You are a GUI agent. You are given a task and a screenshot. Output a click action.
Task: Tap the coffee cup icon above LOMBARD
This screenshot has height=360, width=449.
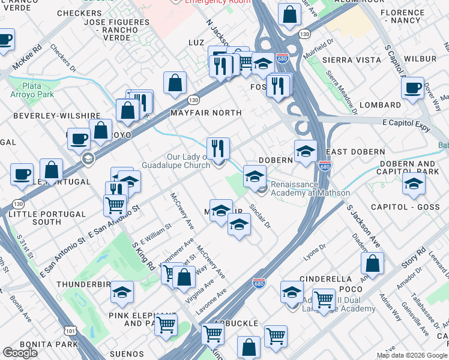coord(412,88)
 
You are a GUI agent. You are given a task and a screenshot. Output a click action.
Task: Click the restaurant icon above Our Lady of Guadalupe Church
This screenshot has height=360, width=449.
coord(218,147)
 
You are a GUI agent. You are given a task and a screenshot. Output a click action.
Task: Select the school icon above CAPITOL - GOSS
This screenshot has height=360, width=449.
coord(414,184)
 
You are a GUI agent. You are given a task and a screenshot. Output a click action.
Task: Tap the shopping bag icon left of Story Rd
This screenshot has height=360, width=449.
coord(373,262)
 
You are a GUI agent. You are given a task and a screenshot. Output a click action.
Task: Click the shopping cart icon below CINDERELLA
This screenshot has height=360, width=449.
coord(324,298)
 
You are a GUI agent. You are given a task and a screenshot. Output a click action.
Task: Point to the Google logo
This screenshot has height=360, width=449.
coord(20,353)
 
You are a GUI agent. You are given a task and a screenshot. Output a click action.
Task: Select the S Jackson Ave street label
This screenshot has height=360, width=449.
coord(364,226)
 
